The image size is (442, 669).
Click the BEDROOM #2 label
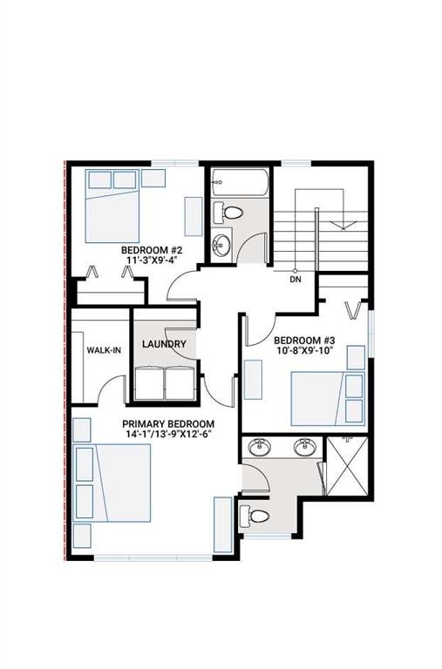coord(153,249)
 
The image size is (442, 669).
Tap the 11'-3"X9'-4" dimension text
coord(153,260)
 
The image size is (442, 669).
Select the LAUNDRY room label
coord(164,344)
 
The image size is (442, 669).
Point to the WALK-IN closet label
coord(104,350)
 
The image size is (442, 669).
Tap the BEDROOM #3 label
coord(303,341)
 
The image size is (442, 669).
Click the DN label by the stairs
coord(296,280)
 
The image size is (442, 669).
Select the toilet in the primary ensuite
coord(257,516)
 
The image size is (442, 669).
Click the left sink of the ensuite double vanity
coord(259,448)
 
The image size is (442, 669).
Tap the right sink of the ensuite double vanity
coord(304,448)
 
